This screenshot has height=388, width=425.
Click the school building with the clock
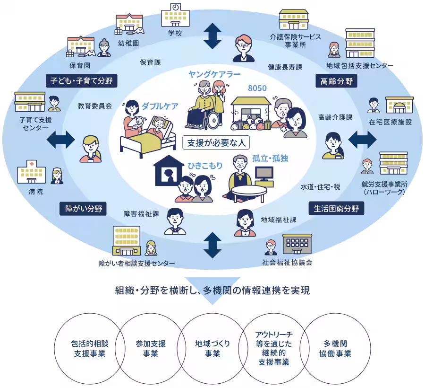(175, 15)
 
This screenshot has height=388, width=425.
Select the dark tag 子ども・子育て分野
(82, 80)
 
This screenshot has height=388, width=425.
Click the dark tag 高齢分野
(336, 81)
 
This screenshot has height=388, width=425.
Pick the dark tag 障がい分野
(83, 208)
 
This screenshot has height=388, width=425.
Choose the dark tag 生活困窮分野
(336, 208)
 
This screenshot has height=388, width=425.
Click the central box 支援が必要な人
(216, 142)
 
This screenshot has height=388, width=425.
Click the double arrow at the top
(212, 36)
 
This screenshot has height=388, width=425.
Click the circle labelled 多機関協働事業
(338, 349)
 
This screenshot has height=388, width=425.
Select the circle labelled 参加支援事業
(151, 349)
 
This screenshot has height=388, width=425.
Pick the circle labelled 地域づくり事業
(212, 349)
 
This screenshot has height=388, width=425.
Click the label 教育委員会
(95, 106)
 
